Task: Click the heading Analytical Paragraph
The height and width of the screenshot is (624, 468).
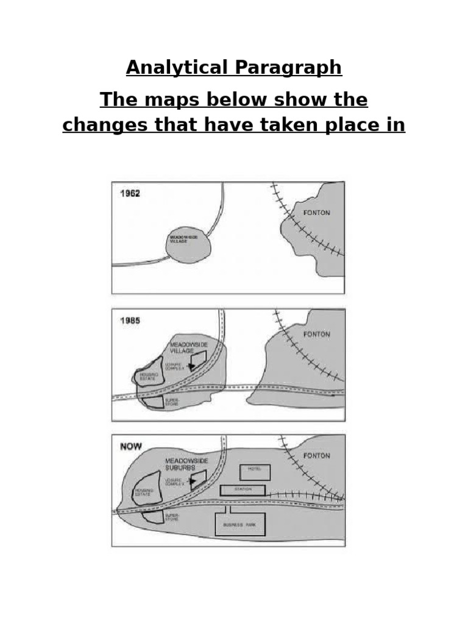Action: pos(234,68)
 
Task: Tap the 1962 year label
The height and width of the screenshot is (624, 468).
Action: pos(130,194)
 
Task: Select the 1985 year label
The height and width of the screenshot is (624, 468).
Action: pos(130,321)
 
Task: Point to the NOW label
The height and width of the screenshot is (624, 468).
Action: pos(131,447)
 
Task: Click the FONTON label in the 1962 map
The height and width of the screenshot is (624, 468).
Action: pos(317,213)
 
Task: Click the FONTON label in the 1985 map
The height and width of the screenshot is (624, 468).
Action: pos(317,335)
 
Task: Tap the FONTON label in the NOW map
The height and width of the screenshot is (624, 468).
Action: pos(317,456)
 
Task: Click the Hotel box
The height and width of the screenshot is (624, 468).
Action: pos(254,471)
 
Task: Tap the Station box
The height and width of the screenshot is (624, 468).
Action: pos(243,490)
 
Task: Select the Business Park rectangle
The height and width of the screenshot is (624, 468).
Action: pos(240,524)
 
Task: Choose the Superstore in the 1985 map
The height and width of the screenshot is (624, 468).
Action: pos(152,402)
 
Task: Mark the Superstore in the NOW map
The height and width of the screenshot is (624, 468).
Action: pos(153,517)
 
